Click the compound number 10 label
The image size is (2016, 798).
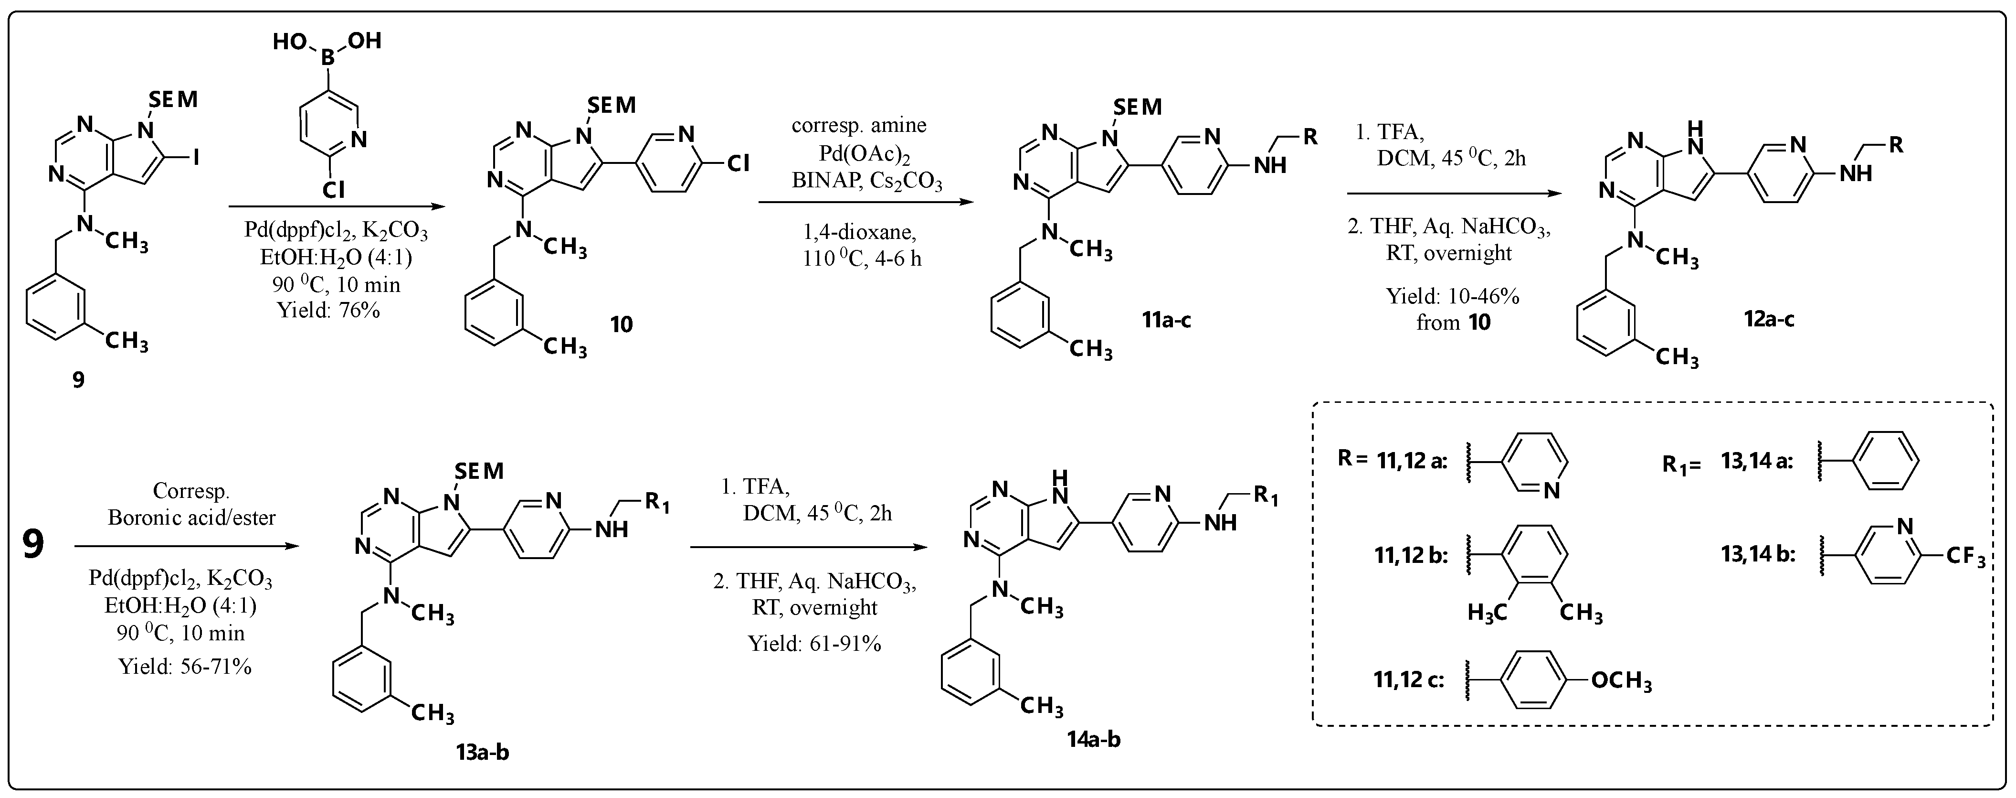coord(622,324)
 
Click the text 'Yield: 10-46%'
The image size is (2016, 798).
coord(1453,296)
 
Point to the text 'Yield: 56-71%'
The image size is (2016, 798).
coord(185,667)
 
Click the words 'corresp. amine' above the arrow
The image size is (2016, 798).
coord(858,125)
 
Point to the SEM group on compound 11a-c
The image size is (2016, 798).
coord(1137,107)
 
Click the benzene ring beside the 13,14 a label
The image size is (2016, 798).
coord(1887,461)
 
